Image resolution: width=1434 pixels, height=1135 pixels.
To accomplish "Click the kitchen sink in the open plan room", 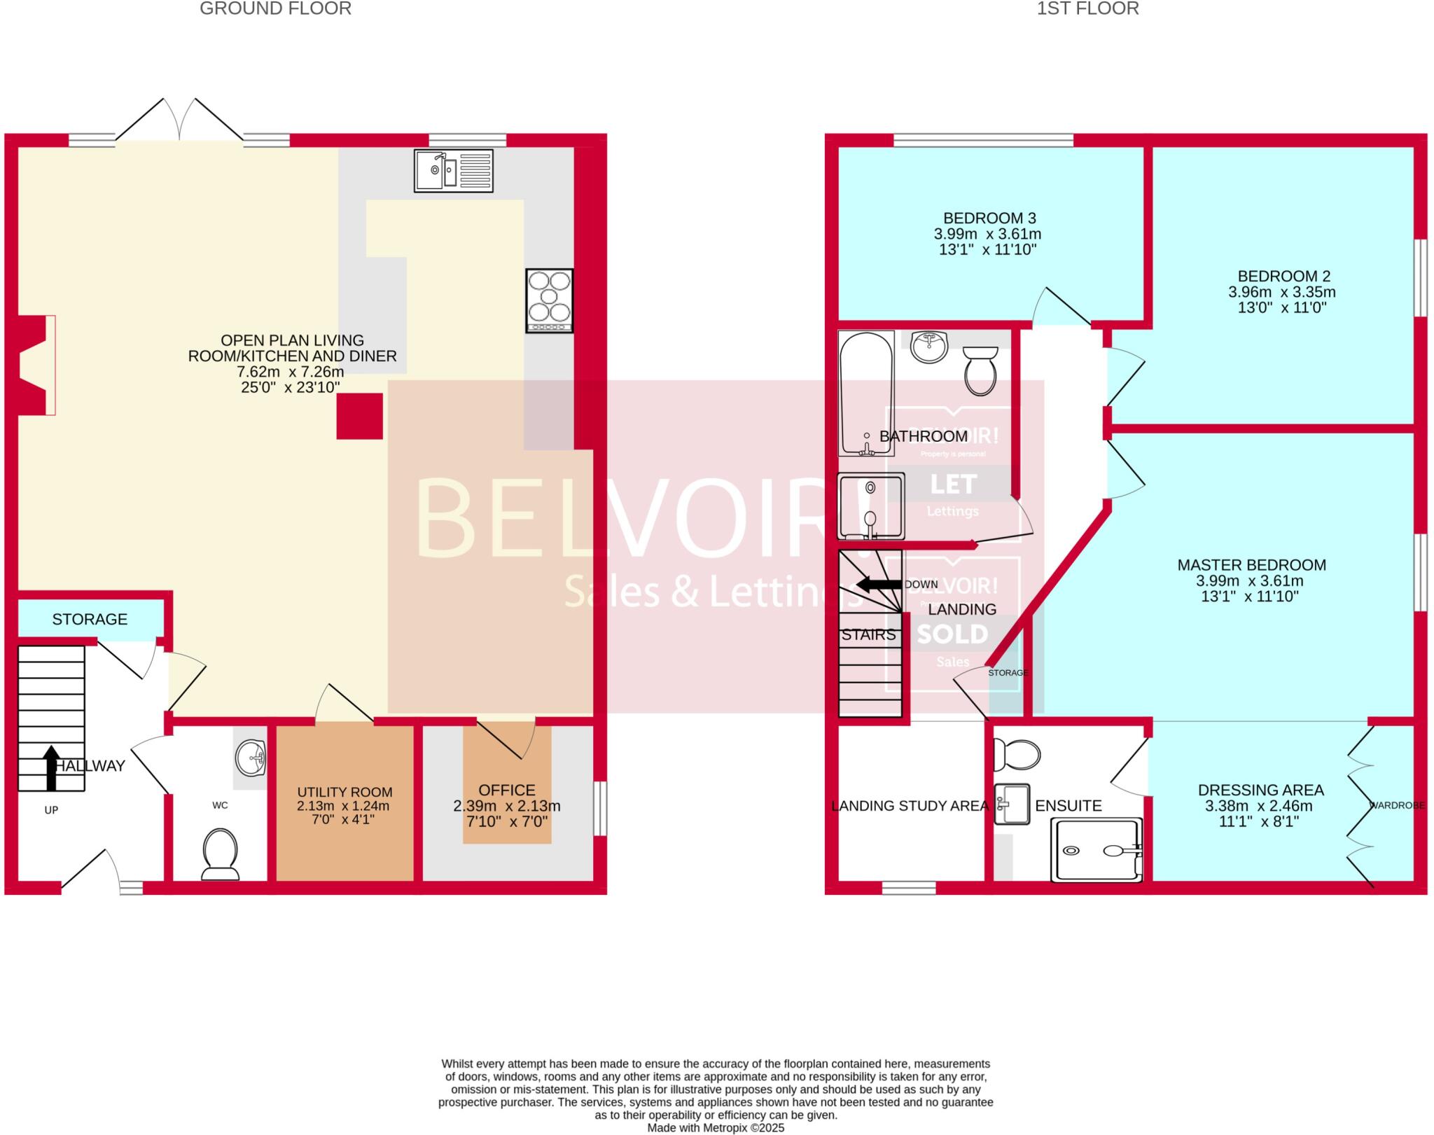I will [x=453, y=170].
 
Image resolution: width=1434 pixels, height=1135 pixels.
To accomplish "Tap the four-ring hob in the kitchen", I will [x=550, y=300].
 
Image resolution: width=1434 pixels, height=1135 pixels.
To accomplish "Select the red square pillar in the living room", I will [x=360, y=416].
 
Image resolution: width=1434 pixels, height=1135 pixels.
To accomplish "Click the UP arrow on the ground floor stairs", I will [x=51, y=767].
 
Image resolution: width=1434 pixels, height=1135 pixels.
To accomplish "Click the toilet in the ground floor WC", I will [x=220, y=853].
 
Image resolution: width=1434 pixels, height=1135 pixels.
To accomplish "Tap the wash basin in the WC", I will [x=251, y=758].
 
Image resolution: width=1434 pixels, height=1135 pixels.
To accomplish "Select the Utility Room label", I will [x=344, y=792].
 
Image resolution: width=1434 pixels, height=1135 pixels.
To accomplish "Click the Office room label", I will [x=506, y=790].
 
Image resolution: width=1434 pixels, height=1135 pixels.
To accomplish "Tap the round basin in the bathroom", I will [x=930, y=347].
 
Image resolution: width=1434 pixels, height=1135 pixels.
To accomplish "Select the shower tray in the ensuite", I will [x=1097, y=849].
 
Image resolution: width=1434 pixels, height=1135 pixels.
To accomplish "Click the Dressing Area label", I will [x=1260, y=790].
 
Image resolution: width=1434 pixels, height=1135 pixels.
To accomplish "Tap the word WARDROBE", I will [x=1396, y=805].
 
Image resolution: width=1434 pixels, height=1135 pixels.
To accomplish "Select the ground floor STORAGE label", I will [x=90, y=619].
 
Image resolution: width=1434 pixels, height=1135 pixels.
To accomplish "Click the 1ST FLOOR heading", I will [x=1087, y=9].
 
